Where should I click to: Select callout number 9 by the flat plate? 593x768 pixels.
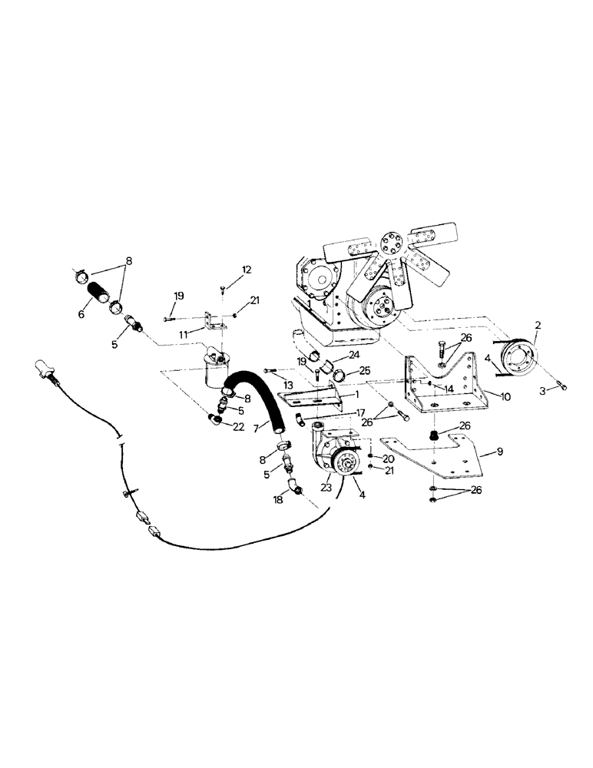click(x=499, y=452)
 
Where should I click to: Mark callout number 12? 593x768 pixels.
click(x=247, y=269)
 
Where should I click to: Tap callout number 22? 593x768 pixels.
click(x=239, y=427)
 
